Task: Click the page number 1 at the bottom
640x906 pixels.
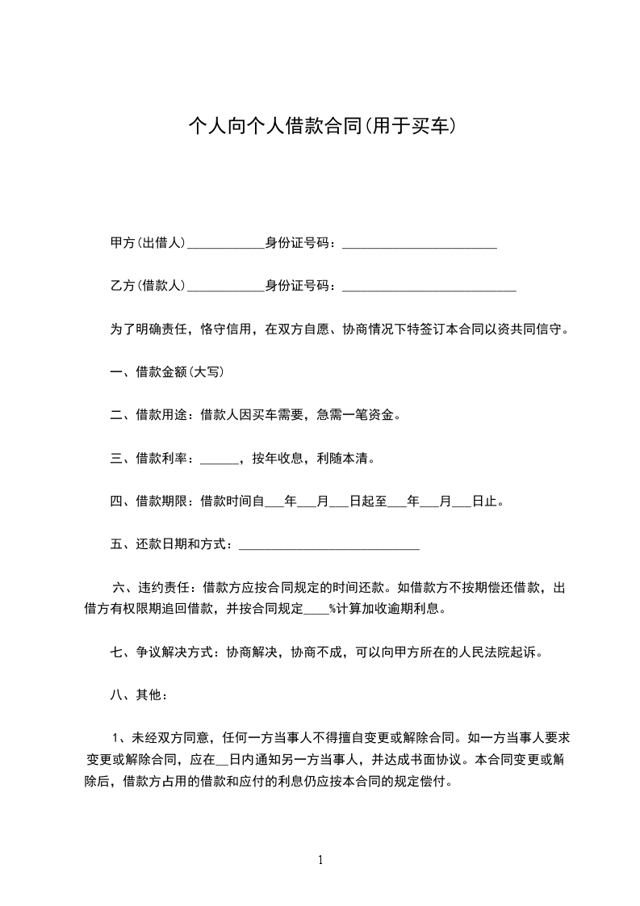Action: click(320, 860)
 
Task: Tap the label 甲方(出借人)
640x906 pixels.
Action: click(148, 243)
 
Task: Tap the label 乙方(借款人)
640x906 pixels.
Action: click(148, 286)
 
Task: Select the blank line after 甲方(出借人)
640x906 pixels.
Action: click(226, 245)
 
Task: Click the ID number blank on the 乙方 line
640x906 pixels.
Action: click(429, 288)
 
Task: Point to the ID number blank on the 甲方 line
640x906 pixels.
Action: click(420, 245)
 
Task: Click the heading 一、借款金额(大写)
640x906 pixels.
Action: click(167, 372)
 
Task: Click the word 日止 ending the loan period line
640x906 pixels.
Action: click(487, 501)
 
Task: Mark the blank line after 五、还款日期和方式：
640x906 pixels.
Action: click(329, 547)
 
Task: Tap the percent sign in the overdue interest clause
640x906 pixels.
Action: click(332, 609)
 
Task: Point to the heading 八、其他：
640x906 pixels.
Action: click(140, 694)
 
